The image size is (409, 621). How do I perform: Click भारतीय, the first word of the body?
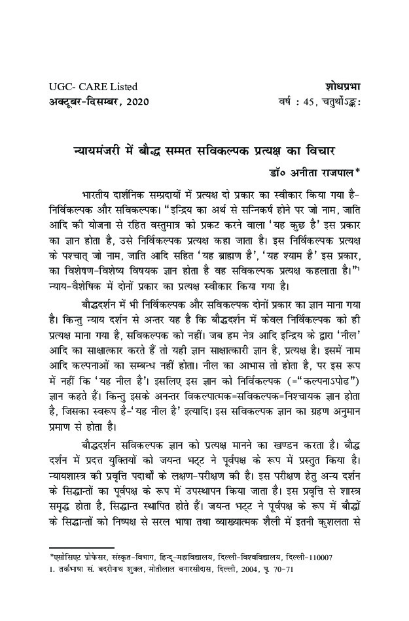tap(99, 194)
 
